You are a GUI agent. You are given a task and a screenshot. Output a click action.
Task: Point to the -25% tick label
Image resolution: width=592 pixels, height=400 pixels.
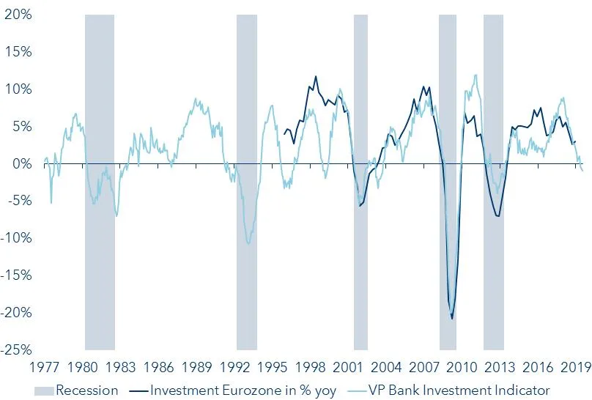pos(16,349)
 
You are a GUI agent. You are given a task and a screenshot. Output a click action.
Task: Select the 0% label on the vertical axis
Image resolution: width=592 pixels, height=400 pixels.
pos(20,163)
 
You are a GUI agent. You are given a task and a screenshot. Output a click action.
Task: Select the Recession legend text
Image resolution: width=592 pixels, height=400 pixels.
pos(86,390)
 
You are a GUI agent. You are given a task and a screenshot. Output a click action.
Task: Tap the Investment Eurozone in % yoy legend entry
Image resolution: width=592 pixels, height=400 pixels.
pos(243,390)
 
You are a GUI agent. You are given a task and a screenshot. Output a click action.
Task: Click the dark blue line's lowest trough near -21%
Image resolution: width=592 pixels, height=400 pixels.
pos(452,319)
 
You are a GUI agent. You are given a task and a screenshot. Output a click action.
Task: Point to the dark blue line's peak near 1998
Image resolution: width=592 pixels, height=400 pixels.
pos(316,76)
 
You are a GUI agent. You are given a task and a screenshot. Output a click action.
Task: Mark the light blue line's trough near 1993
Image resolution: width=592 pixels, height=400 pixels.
pos(248,243)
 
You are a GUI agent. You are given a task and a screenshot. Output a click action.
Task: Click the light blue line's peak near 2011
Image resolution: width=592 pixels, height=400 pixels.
pos(476,75)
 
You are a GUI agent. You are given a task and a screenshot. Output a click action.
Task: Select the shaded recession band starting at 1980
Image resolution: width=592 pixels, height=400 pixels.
pos(100,183)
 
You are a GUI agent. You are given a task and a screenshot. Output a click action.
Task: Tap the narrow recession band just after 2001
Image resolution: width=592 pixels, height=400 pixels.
pos(360,183)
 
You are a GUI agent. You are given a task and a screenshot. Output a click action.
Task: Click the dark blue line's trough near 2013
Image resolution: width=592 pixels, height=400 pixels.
pos(498,216)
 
